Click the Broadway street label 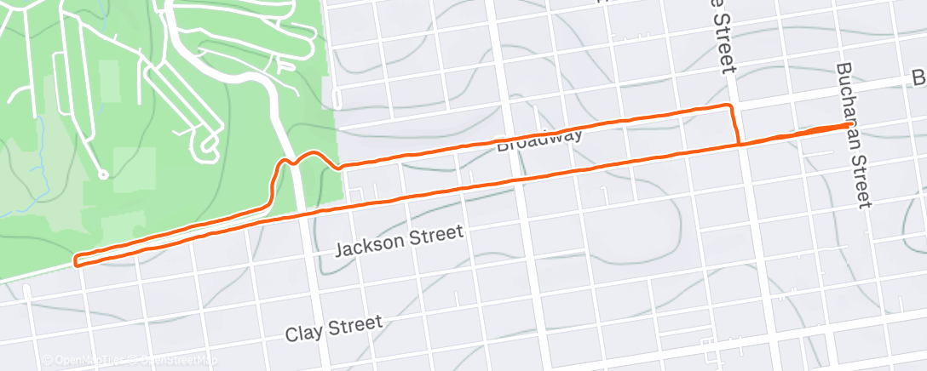coord(539,138)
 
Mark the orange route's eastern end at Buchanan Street coord(848,126)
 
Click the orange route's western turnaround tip coord(77,260)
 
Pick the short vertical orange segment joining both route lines coord(734,125)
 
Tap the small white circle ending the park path coord(103,175)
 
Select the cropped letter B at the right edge coord(919,79)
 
